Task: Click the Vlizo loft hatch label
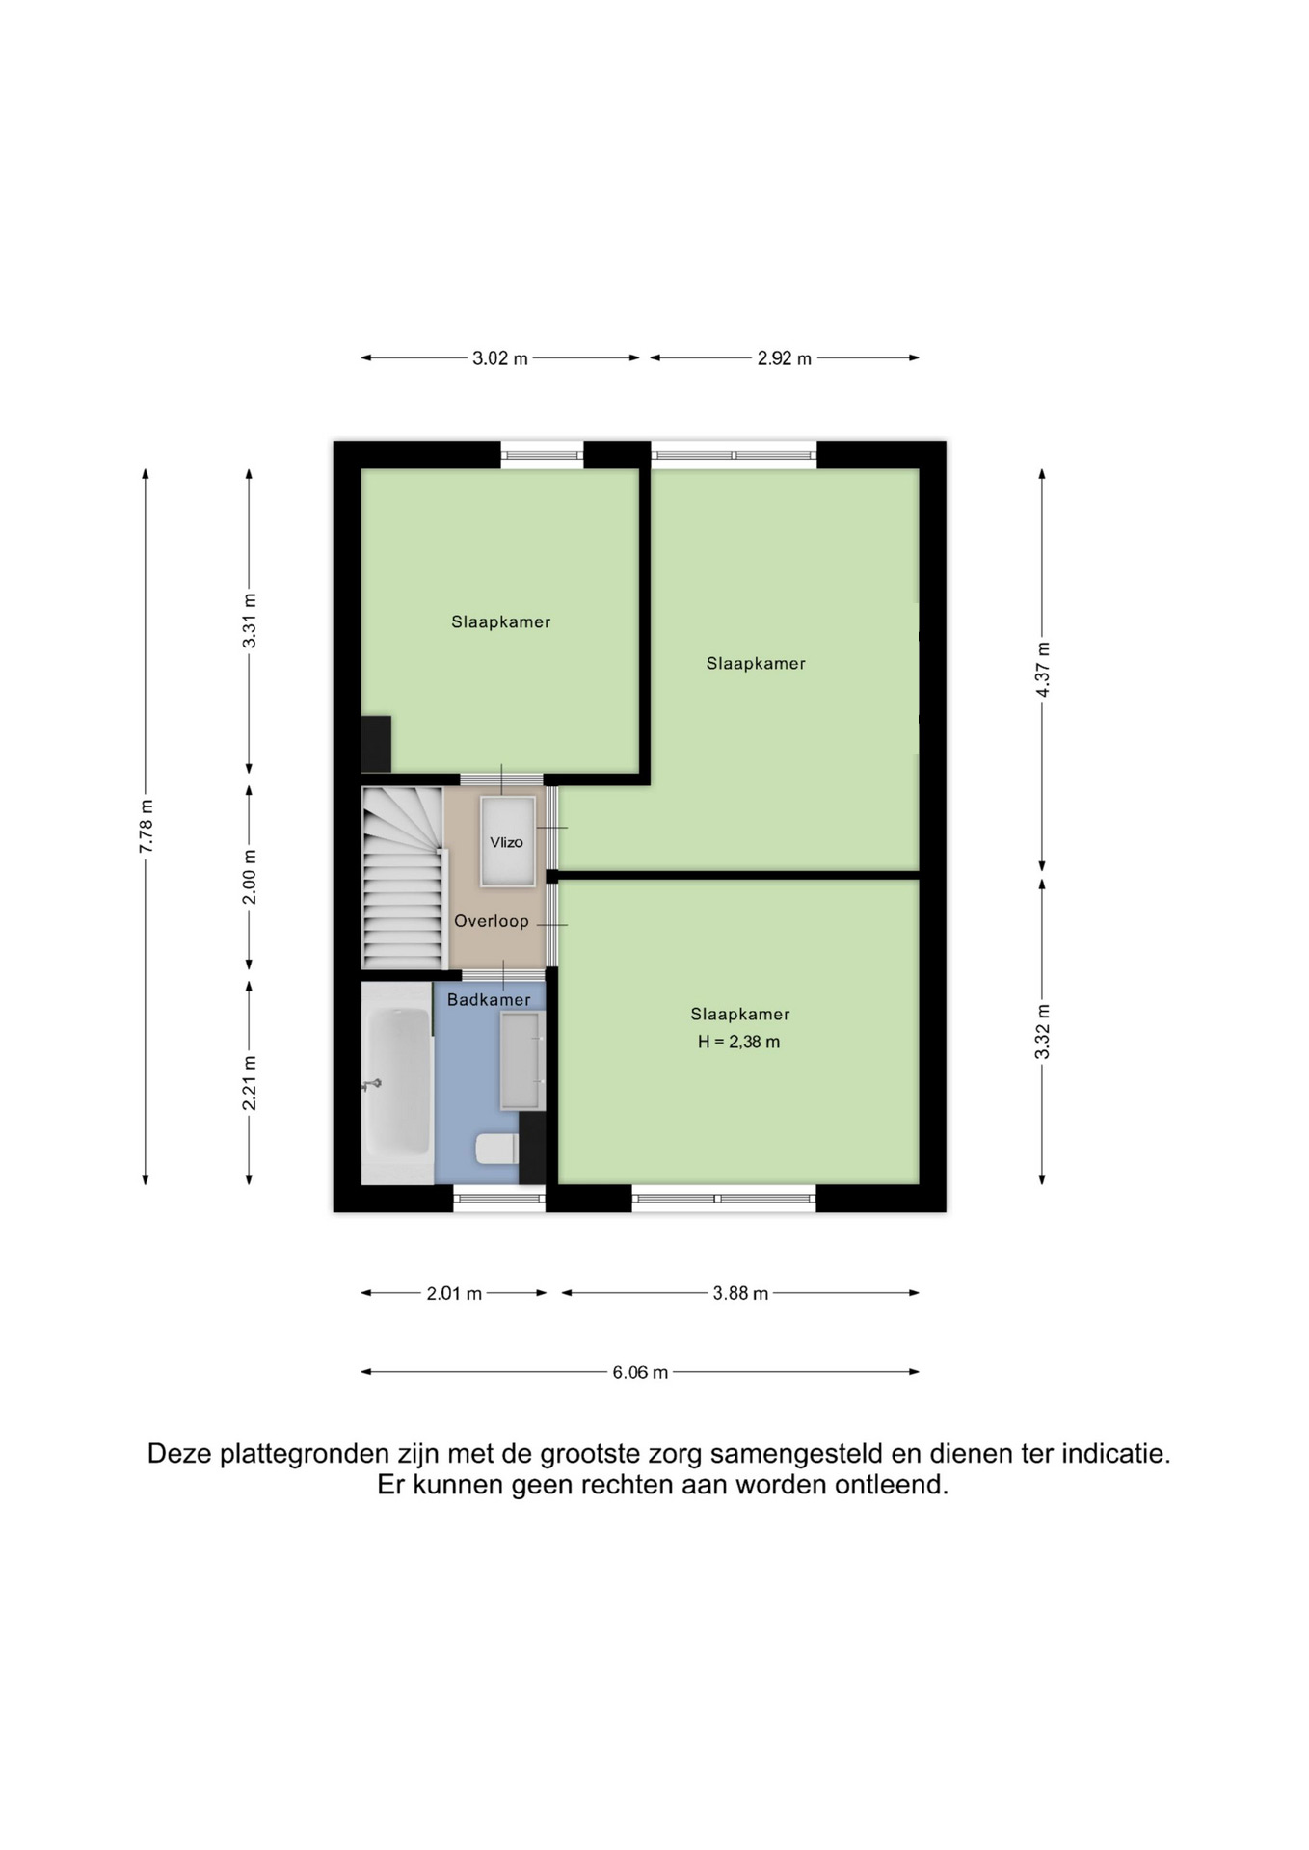[x=506, y=842]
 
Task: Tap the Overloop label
[x=492, y=921]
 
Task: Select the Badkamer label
[x=489, y=1000]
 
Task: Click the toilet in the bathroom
[x=497, y=1149]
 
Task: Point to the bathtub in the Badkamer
[x=397, y=1083]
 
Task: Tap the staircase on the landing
[x=403, y=878]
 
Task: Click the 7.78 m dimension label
[x=147, y=827]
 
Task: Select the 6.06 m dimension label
[x=640, y=1372]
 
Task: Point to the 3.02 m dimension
[x=500, y=358]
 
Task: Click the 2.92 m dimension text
[x=784, y=358]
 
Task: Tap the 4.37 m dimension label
[x=1042, y=670]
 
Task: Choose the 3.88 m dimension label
[x=740, y=1293]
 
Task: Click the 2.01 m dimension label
[x=454, y=1293]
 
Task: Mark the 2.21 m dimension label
[x=250, y=1083]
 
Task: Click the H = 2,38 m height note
[x=738, y=1042]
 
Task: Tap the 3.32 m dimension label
[x=1042, y=1031]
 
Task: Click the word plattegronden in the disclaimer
[x=307, y=1454]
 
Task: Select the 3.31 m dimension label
[x=250, y=621]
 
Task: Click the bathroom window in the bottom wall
[x=499, y=1198]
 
